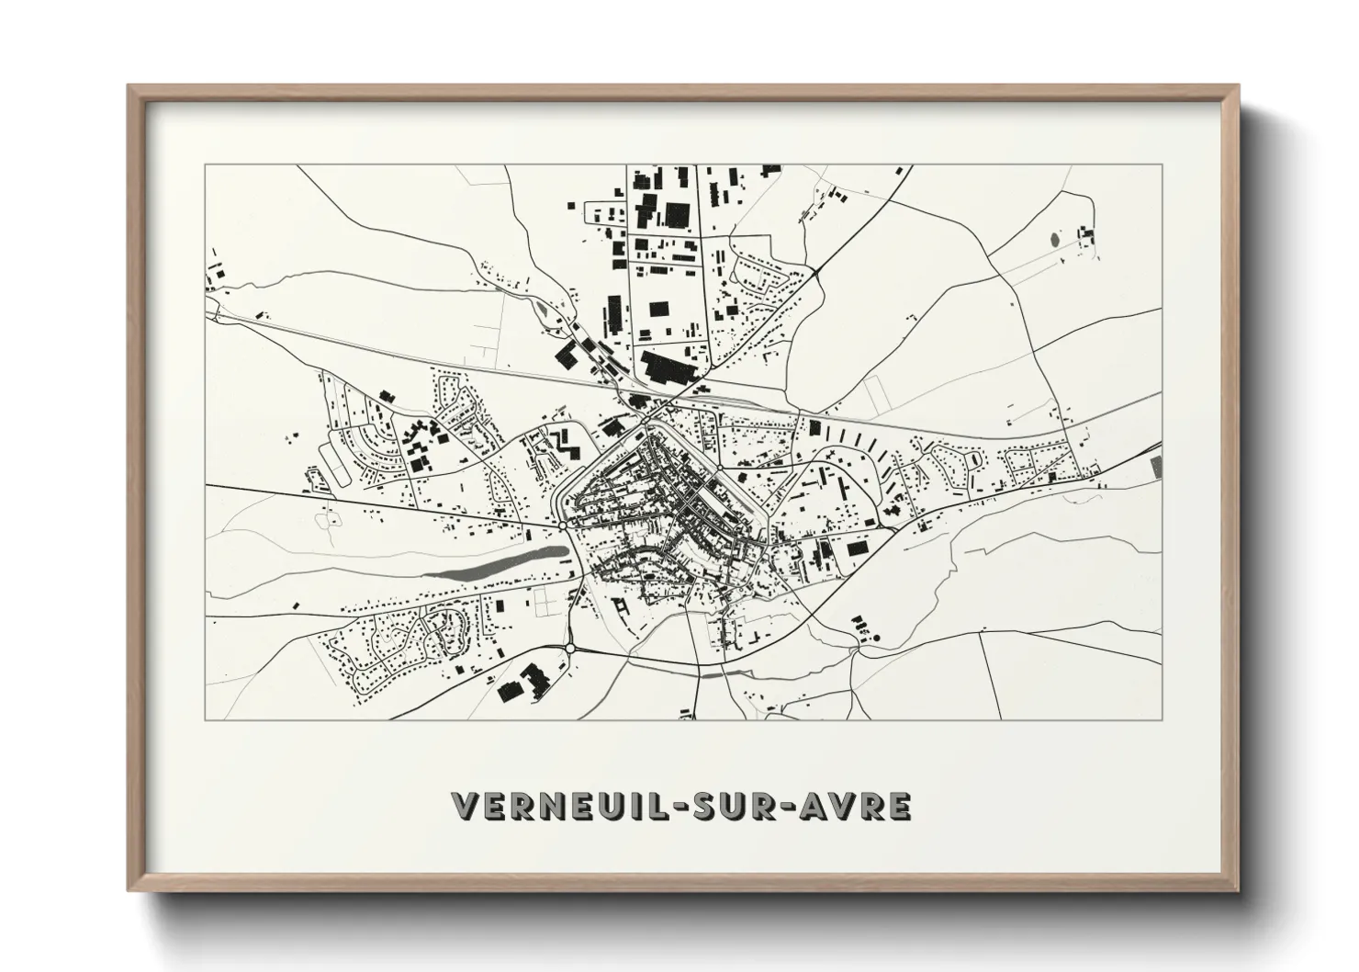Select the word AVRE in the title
(859, 806)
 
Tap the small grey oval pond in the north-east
(1052, 241)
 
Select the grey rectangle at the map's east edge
(1156, 465)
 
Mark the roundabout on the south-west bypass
(570, 649)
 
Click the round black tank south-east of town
(876, 638)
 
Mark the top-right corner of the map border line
(1162, 165)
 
